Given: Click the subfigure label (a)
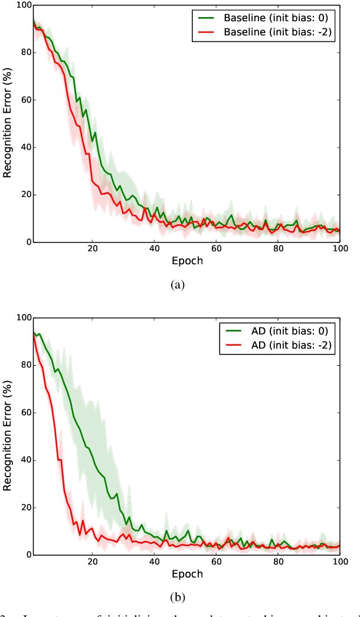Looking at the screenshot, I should coord(178,285).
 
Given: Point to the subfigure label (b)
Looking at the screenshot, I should coord(178,596).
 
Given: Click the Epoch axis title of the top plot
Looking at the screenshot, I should coord(186,261).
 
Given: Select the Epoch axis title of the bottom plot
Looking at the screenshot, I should coord(186,573).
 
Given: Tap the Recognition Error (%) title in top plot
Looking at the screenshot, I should coord(8,123).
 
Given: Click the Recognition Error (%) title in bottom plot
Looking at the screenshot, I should coord(8,436).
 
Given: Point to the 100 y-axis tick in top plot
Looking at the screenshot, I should coord(24,5).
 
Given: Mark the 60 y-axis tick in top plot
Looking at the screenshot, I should coord(25,100).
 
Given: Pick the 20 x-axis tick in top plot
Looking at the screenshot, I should coord(93,249).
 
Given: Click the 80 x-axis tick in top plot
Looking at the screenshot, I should coord(278,249).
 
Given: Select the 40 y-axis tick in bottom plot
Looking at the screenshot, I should coord(25,460).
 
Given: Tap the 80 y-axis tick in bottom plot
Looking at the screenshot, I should coord(25,365).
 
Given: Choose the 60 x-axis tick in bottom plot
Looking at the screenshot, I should coord(216,562).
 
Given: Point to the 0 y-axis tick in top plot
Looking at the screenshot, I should coord(28,242).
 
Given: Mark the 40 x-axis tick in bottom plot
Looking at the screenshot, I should coord(155,562).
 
